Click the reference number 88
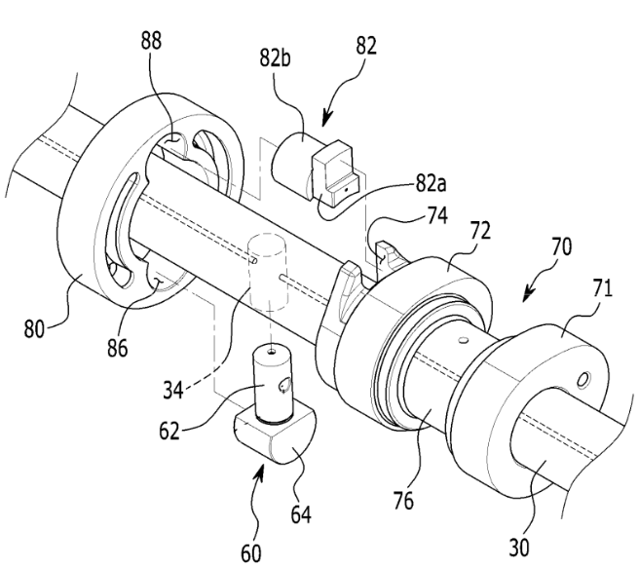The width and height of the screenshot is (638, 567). click(x=151, y=41)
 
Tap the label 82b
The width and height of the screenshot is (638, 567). click(x=276, y=58)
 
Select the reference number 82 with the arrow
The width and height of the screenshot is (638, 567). click(x=366, y=46)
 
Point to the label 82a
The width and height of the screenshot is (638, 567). click(x=431, y=183)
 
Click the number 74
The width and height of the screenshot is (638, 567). click(x=437, y=215)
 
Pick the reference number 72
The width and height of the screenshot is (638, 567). click(x=480, y=230)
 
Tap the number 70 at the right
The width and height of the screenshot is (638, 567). click(x=561, y=246)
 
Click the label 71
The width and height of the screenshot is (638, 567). click(x=602, y=288)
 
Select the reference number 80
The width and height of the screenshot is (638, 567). click(x=34, y=328)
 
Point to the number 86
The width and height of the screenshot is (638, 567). click(x=117, y=348)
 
